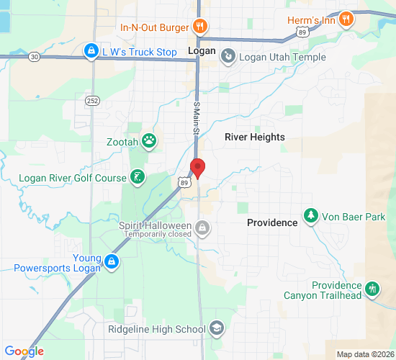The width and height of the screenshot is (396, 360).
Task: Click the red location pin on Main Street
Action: (197, 168)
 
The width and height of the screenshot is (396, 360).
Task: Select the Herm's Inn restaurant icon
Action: (346, 20)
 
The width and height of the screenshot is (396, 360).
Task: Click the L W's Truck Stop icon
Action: (91, 52)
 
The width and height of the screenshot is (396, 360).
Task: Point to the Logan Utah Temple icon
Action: (228, 55)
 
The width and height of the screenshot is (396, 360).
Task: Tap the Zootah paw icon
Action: (149, 140)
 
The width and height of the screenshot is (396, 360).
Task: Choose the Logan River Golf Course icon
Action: (137, 177)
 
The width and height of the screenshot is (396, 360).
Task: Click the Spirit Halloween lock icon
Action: (203, 227)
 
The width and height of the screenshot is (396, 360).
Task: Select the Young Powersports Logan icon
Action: (111, 261)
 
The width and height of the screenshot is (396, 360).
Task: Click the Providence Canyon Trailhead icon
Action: (372, 289)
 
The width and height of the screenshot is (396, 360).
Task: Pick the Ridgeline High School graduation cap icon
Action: (216, 329)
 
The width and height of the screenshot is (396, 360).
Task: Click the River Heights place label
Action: (254, 137)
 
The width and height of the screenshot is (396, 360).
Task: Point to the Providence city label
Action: (272, 222)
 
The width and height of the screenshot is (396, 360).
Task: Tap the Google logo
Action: (24, 351)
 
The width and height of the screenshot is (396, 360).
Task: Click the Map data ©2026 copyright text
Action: (366, 354)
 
